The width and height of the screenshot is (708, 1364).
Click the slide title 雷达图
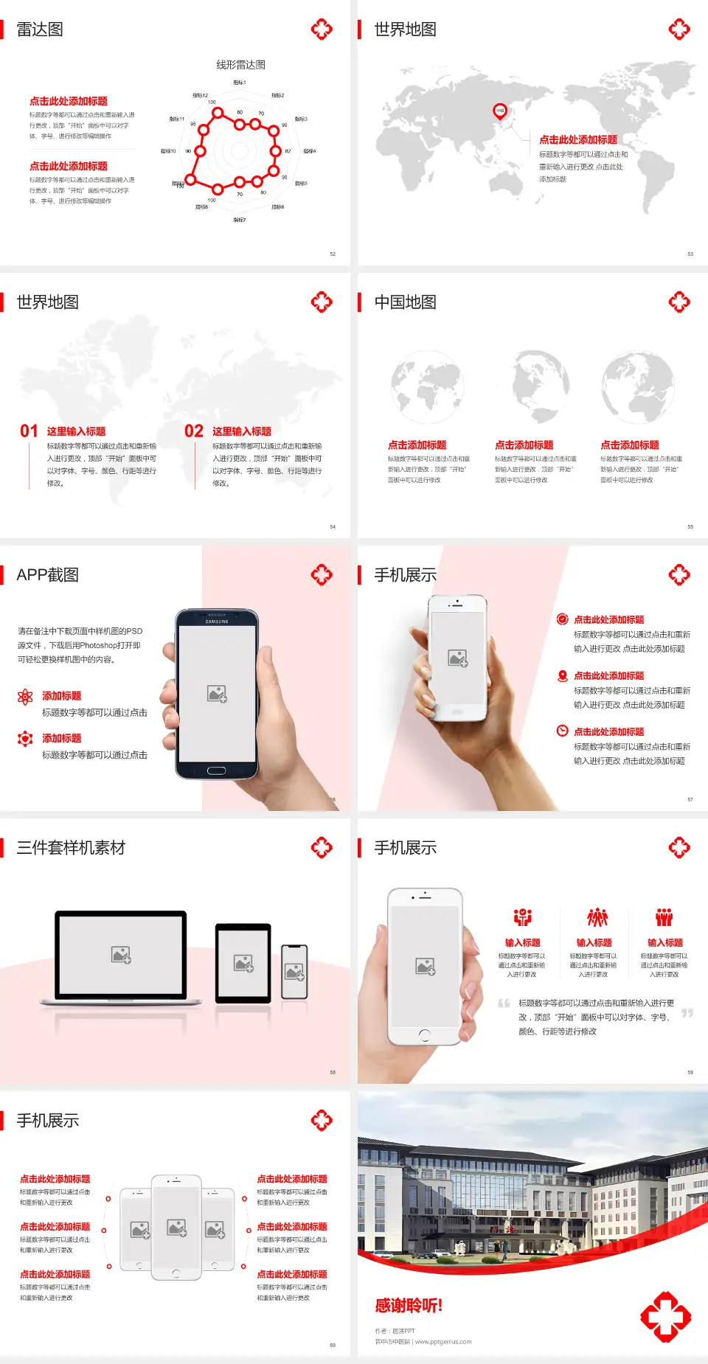[40, 29]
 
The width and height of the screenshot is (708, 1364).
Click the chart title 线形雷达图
[240, 65]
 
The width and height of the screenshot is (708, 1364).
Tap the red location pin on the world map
[499, 111]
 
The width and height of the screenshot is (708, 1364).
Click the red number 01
[29, 431]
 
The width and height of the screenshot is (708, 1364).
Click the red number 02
[194, 431]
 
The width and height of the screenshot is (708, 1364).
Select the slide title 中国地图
[405, 302]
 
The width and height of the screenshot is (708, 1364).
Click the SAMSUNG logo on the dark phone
[217, 622]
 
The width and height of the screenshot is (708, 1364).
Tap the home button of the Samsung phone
[216, 770]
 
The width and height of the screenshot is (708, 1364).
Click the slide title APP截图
[48, 575]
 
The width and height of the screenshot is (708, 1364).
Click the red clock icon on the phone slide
[562, 731]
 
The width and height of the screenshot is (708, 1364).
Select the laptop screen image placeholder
[121, 955]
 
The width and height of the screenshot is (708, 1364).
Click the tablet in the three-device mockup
[243, 963]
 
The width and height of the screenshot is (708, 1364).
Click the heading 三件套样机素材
[71, 848]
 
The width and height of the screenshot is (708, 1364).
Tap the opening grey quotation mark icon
[504, 1003]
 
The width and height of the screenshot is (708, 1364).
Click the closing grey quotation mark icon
[687, 1013]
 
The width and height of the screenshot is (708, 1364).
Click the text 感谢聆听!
[409, 1306]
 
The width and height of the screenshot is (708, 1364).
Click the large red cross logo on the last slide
[665, 1316]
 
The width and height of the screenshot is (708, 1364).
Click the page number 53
[690, 254]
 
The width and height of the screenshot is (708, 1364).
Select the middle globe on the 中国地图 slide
[542, 386]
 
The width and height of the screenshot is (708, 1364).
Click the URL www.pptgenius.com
[443, 1342]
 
